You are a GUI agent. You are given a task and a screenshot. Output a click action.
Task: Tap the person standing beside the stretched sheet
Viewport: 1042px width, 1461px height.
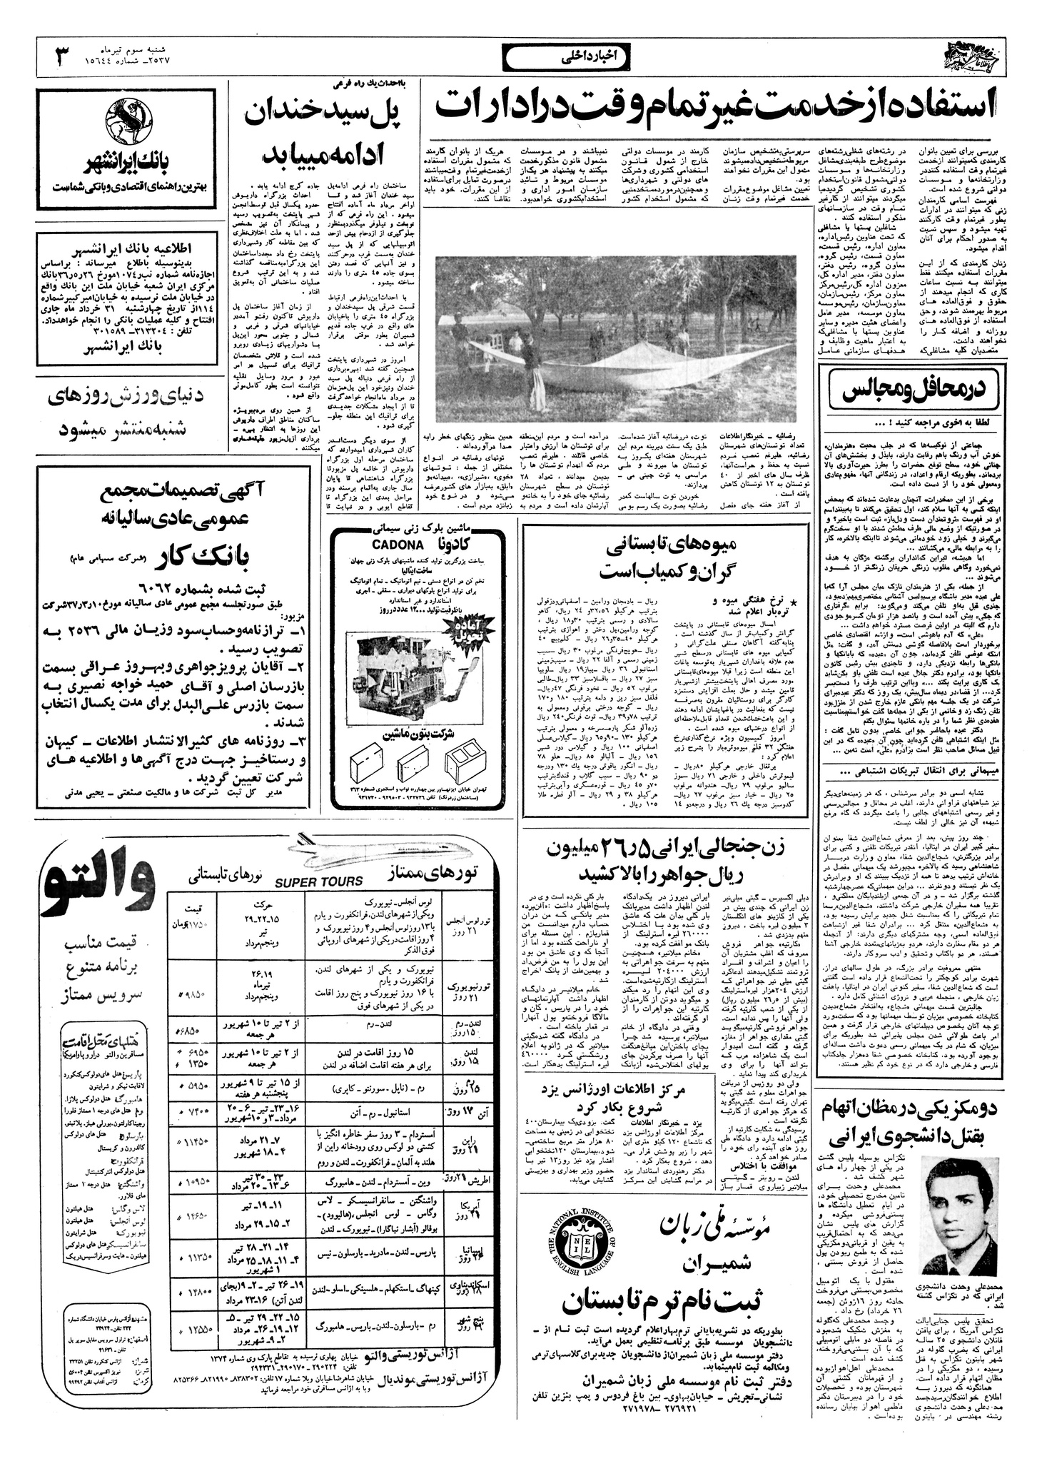pyautogui.click(x=530, y=363)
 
